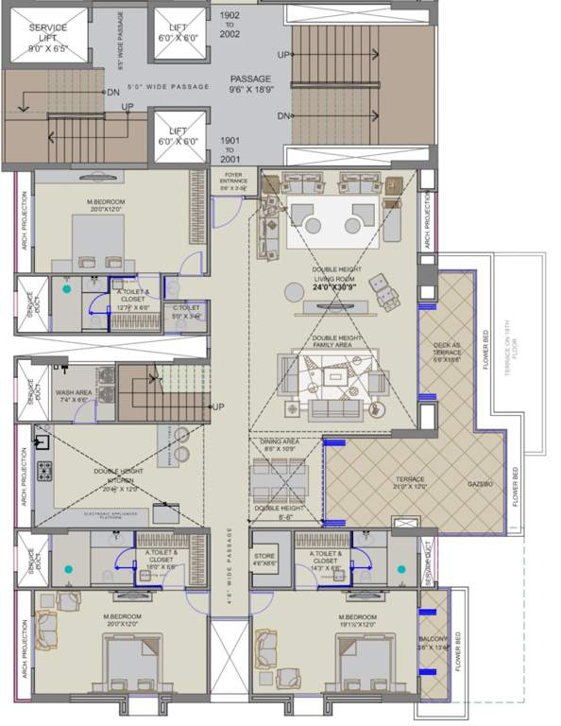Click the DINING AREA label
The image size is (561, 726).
(x=280, y=446)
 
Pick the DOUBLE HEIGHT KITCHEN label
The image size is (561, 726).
(x=117, y=479)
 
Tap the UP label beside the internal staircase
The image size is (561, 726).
(x=218, y=407)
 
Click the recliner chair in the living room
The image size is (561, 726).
(x=382, y=284)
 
